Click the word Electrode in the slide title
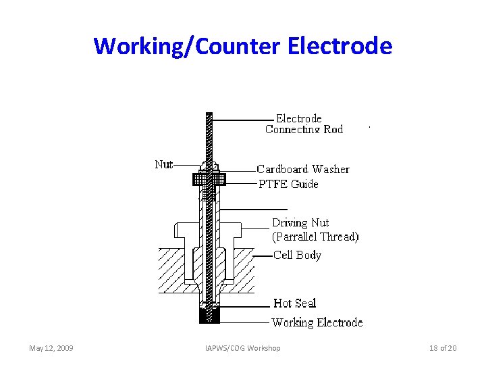tap(340, 46)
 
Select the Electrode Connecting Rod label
tap(303, 124)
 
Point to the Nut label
tap(163, 164)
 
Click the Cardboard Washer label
tap(303, 169)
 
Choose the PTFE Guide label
tap(288, 184)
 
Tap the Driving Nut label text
tap(300, 222)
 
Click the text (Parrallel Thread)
tap(315, 237)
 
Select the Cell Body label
tap(297, 255)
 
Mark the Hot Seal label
tap(294, 303)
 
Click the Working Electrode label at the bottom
tap(317, 322)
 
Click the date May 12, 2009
tap(51, 348)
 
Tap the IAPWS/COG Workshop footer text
tap(243, 348)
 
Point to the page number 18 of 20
tap(443, 348)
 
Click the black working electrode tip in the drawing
tap(209, 316)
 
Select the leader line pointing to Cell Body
tap(263, 255)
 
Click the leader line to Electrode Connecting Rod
tap(243, 120)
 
